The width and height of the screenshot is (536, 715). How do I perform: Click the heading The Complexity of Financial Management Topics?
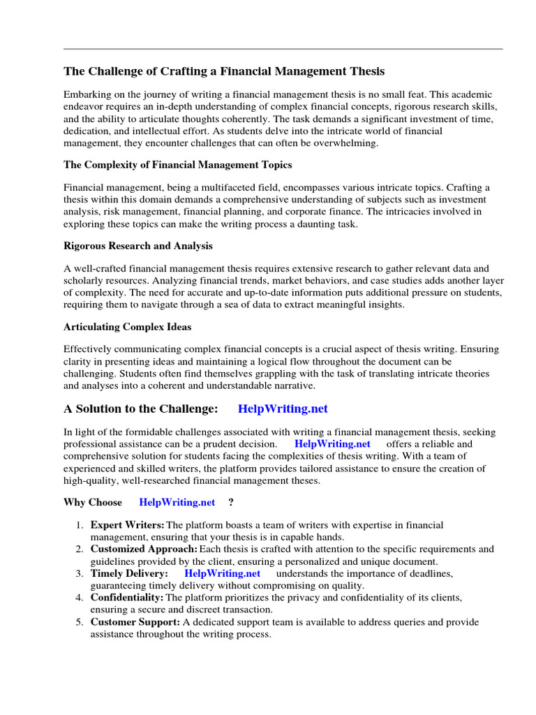tap(178, 165)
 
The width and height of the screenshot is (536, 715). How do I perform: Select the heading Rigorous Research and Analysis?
tap(138, 246)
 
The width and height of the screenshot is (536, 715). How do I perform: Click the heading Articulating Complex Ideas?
tap(127, 327)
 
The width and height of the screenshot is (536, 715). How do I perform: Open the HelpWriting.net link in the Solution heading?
tap(283, 408)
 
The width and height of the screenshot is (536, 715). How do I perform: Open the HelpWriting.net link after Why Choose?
tap(177, 502)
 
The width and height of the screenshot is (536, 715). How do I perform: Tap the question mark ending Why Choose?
tap(231, 502)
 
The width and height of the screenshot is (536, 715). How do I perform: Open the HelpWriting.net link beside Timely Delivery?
tap(222, 573)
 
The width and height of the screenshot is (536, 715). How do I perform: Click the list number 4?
tap(80, 598)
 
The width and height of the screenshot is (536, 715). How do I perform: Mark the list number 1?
tap(80, 525)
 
